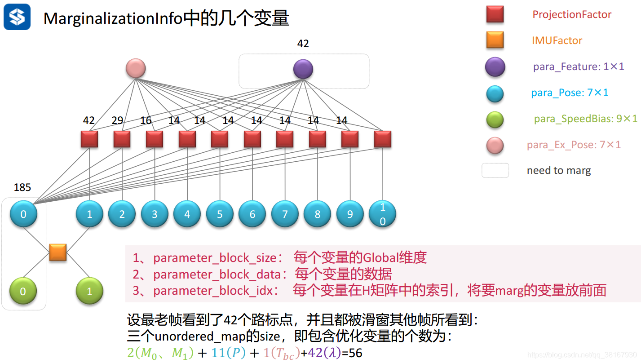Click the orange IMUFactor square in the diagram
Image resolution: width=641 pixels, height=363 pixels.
coord(58,252)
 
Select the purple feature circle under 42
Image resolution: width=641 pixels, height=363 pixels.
coord(303,69)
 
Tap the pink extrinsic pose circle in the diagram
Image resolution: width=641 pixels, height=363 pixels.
coord(136,69)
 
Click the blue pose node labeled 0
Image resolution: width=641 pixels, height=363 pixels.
coord(23,214)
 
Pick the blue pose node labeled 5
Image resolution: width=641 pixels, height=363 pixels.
coord(220,214)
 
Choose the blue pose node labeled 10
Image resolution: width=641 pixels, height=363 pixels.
coord(383,214)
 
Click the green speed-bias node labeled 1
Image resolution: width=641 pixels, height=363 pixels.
coord(89,291)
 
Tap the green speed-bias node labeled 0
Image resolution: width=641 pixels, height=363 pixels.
coord(23,291)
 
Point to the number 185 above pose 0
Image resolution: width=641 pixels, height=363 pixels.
coord(22,187)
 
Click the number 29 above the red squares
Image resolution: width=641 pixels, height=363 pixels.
coord(118,120)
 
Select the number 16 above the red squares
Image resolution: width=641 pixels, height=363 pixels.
coord(146,120)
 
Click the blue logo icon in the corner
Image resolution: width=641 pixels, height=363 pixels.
coord(17,17)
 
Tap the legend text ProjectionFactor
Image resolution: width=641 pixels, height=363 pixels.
coord(572,14)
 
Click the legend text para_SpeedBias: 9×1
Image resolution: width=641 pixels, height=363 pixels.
coord(585,119)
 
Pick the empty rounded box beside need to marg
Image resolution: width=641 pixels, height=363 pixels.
coord(495,170)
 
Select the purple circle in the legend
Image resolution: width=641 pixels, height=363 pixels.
coord(495,67)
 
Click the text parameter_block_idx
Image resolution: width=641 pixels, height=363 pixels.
coord(213,291)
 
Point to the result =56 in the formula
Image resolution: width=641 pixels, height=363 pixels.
coord(352,353)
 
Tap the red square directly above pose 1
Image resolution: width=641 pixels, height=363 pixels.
coord(89,139)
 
